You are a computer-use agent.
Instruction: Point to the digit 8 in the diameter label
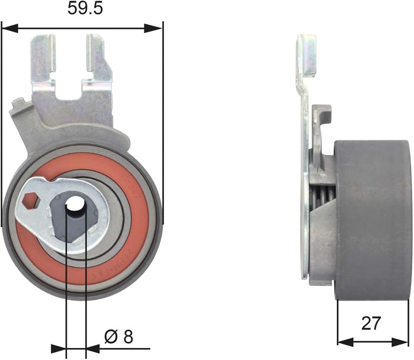127,336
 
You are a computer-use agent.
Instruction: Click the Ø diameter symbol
111,336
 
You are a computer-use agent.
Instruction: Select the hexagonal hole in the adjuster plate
32,201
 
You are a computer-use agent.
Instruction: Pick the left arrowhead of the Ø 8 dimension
59,348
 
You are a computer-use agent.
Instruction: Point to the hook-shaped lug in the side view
323,115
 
